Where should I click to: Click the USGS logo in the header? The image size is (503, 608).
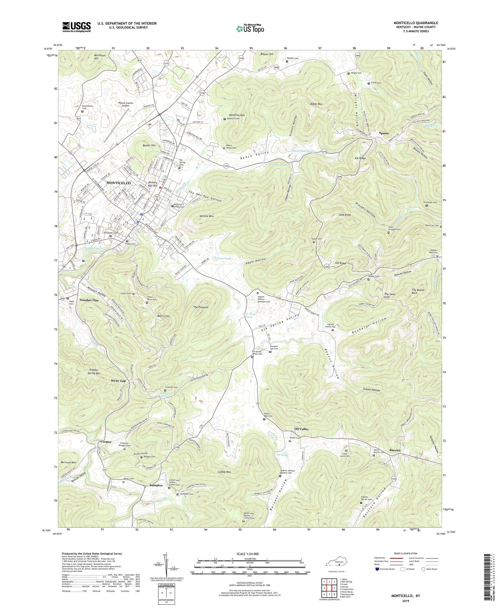coord(76,27)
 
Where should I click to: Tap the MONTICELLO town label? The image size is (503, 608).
coord(118,182)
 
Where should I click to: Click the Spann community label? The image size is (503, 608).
coord(384,133)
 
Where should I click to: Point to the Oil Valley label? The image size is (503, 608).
coord(301,429)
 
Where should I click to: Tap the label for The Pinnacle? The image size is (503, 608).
coord(201,307)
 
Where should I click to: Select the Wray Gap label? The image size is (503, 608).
coord(118,381)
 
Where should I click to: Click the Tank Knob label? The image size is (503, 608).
coord(345,215)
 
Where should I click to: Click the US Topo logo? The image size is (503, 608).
coord(250,29)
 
